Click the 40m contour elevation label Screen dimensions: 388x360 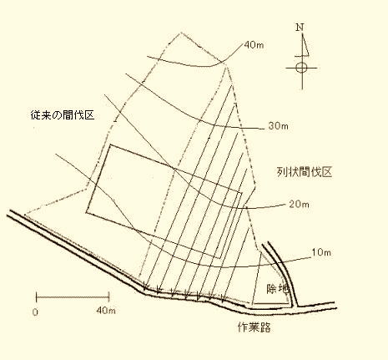pos(254,45)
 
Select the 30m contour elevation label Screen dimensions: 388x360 pos(279,126)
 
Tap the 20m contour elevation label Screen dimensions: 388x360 pos(299,205)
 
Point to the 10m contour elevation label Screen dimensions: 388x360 pos(321,252)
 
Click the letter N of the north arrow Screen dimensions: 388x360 pos(300,28)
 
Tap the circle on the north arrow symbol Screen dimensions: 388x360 pos(301,68)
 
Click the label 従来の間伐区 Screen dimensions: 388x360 pos(63,114)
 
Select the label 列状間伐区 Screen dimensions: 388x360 pos(305,172)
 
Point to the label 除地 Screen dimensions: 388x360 pos(278,289)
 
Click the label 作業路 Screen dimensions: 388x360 pos(254,327)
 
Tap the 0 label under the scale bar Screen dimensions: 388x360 pos(35,312)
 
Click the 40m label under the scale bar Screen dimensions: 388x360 pos(106,310)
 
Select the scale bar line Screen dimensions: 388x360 pos(73,297)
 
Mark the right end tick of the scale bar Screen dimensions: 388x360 pos(109,297)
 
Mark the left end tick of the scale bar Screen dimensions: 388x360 pos(37,297)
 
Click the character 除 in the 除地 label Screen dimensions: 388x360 pos(272,289)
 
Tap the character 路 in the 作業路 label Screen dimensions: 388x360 pos(265,327)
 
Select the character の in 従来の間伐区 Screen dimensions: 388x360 pos(58,115)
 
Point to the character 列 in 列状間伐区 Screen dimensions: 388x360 pos(282,172)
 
